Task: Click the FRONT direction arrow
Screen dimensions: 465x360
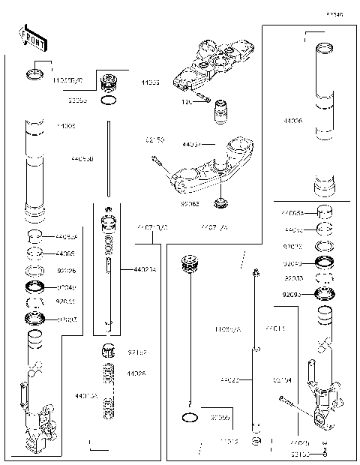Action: pyautogui.click(x=27, y=37)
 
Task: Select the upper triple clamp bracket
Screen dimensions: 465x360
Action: pyautogui.click(x=213, y=62)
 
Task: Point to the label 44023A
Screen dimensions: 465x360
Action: pyautogui.click(x=145, y=269)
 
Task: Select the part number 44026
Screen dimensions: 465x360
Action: pyautogui.click(x=136, y=373)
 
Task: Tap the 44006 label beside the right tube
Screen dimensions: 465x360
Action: pyautogui.click(x=293, y=119)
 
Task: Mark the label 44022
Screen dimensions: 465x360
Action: pyautogui.click(x=229, y=380)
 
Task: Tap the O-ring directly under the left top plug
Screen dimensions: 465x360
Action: pyautogui.click(x=109, y=99)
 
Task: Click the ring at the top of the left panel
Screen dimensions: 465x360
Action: pyautogui.click(x=34, y=73)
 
